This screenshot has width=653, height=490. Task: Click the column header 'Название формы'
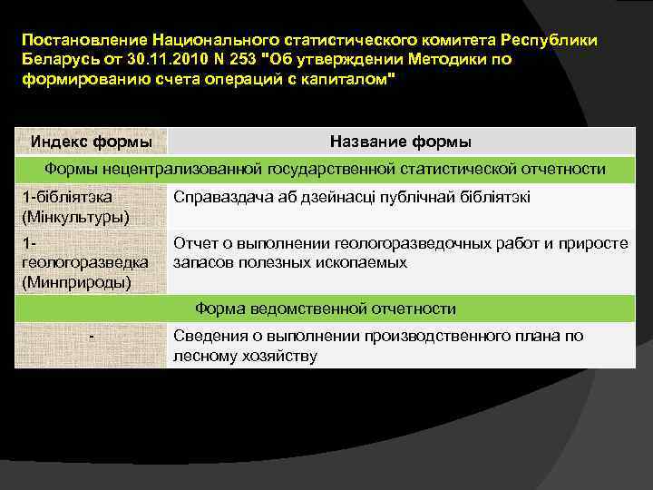(400, 142)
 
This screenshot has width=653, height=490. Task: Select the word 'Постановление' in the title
(85, 41)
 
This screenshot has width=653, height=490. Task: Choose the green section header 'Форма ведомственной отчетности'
(326, 309)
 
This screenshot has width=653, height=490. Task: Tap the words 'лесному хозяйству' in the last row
(245, 356)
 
